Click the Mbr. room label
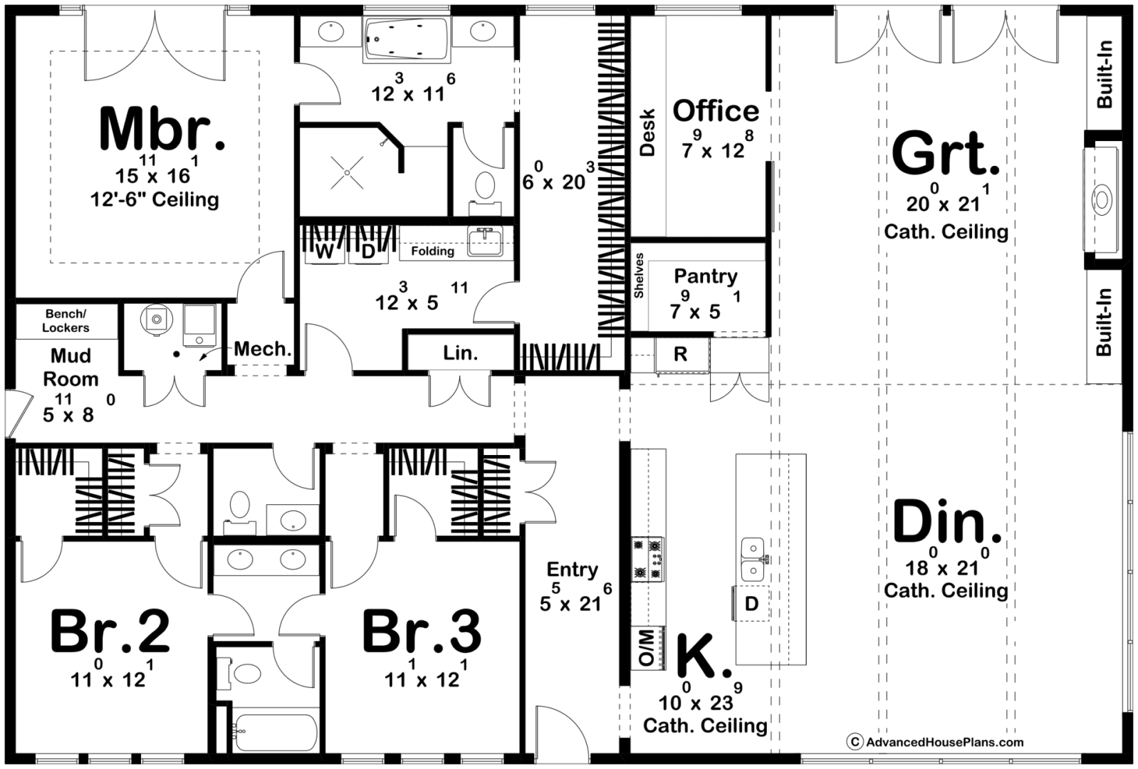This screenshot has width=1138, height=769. coord(162,128)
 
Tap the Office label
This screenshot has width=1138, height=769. coord(716,111)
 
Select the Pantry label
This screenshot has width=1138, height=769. coord(706,277)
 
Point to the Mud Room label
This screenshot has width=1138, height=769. coord(71,367)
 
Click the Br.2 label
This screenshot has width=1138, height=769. coord(110,632)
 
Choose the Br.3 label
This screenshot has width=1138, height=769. coord(422,632)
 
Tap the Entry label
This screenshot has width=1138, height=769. coord(573,570)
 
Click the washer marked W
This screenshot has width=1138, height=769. coord(325,251)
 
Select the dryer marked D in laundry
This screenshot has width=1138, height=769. coord(367,251)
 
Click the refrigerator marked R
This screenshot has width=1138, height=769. coord(681,354)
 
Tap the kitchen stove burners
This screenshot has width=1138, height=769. coord(648,559)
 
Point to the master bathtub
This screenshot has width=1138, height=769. coord(407,40)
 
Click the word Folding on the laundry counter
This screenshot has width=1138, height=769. coord(432,251)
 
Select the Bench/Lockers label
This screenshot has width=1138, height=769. coord(66,321)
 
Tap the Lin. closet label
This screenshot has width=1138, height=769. coord(460,353)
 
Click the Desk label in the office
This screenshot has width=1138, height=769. coord(647,132)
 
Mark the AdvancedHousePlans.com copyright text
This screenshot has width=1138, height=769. coord(935,742)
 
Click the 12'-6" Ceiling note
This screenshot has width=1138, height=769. coord(155,199)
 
